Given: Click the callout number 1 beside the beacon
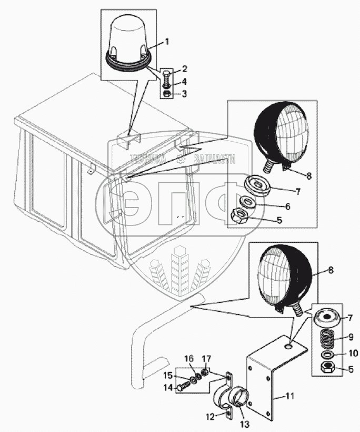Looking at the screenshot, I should coord(167,41).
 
